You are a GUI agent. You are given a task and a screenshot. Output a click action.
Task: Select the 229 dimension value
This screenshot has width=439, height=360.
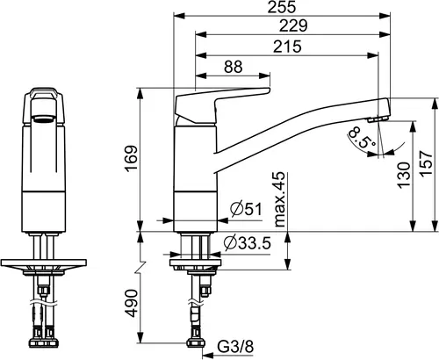point(293,25)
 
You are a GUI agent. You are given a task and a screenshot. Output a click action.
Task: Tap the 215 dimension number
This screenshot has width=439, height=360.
point(287,47)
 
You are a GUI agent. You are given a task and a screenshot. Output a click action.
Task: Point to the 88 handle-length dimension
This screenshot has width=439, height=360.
point(234,67)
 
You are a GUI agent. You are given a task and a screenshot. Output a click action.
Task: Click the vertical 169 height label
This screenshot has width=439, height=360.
point(132,158)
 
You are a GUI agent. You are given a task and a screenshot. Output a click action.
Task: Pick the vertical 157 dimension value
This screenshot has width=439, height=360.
point(426,163)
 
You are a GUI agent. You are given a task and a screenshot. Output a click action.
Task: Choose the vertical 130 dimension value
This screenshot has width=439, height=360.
point(404,175)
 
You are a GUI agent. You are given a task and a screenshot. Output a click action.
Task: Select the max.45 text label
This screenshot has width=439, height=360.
point(280,199)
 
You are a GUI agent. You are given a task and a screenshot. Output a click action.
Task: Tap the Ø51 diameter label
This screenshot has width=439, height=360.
point(247,209)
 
